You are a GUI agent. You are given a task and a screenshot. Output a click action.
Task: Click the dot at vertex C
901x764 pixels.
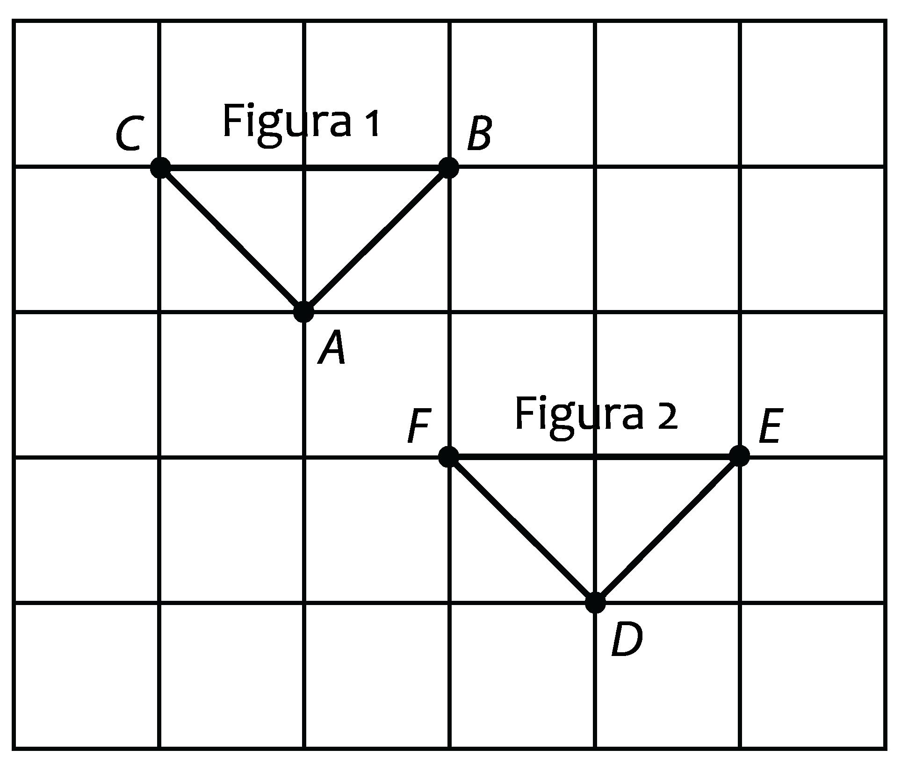[x=160, y=167]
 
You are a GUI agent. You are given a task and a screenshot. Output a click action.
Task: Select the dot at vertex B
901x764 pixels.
[x=448, y=167]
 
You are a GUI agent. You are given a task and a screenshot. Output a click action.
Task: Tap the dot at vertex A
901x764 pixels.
[x=304, y=312]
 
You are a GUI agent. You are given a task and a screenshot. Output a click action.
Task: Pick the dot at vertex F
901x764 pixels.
[x=448, y=456]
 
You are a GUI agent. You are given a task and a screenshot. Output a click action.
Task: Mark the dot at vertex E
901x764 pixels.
[x=740, y=456]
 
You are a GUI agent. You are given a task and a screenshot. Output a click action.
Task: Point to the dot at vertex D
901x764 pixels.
[x=595, y=603]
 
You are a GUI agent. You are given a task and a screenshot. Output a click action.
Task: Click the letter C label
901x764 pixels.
[x=128, y=135]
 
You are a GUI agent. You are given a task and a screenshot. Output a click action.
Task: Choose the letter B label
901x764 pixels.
[x=480, y=134]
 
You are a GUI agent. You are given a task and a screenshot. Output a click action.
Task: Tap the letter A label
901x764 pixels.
[x=332, y=348]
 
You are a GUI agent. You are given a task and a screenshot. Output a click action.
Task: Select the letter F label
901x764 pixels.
[x=418, y=425]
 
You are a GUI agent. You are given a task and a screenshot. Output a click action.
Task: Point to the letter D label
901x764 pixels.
[x=627, y=641]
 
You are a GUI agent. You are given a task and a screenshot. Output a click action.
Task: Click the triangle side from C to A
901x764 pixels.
[x=232, y=239]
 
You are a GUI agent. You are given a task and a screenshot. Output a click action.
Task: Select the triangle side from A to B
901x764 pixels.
[x=376, y=239]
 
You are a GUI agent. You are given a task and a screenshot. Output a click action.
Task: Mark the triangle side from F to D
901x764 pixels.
[x=522, y=529]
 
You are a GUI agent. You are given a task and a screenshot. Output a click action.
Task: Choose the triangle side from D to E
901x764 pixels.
[x=668, y=529]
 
